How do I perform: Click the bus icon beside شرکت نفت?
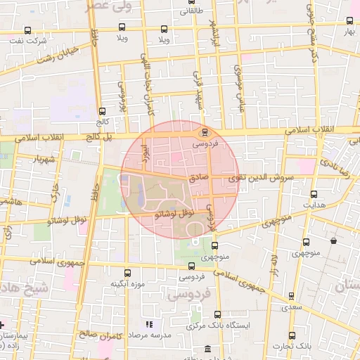(x=28, y=30)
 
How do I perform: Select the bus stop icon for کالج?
(x=103, y=111)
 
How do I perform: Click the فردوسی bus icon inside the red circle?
(x=205, y=132)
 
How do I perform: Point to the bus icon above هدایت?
(x=314, y=194)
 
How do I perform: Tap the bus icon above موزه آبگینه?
(x=127, y=273)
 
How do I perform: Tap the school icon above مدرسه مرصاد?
(x=148, y=324)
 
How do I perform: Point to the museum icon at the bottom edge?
(x=207, y=349)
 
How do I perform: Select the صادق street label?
(x=199, y=179)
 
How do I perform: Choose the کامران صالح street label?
(x=120, y=336)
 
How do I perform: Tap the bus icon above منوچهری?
(x=214, y=245)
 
